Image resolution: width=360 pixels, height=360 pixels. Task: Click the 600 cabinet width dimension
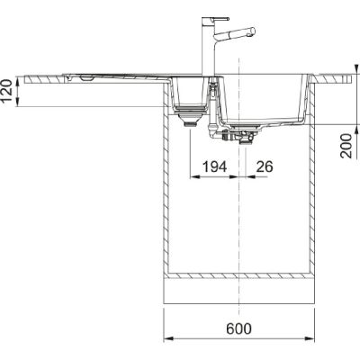(x=238, y=329)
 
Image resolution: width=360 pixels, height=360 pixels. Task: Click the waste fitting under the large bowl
(x=241, y=137)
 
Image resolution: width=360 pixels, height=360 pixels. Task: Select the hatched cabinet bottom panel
(x=238, y=273)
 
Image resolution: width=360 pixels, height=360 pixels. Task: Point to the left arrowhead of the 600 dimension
(x=166, y=339)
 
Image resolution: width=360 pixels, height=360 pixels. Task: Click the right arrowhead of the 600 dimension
(x=310, y=339)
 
